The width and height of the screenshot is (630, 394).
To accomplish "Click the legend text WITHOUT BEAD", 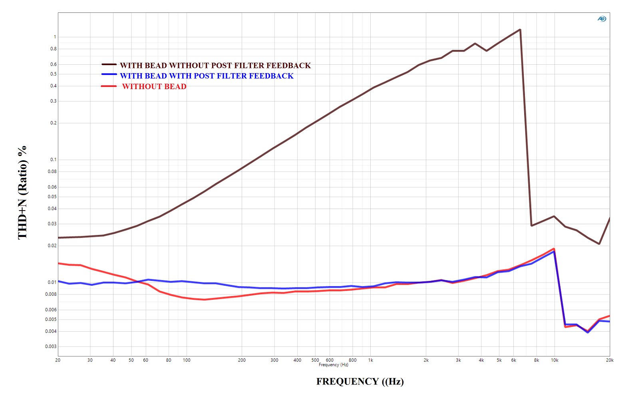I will [154, 86].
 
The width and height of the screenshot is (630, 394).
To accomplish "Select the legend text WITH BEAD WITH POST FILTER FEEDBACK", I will [207, 76].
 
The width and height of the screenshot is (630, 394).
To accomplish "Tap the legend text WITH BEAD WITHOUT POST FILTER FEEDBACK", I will [215, 66].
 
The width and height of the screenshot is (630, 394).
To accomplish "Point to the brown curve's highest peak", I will [520, 30].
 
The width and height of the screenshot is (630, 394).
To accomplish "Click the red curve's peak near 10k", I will [554, 249].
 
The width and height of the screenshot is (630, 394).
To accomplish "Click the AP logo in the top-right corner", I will [602, 19].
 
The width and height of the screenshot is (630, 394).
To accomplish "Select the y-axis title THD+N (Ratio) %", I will [22, 193].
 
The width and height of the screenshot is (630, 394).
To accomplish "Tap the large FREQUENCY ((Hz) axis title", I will [360, 382].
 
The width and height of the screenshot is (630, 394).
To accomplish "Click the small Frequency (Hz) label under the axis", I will [334, 365].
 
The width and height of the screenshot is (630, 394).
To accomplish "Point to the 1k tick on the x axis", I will [371, 360].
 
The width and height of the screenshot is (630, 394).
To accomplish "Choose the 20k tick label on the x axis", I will [610, 360].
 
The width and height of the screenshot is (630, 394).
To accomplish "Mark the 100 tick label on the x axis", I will [187, 360].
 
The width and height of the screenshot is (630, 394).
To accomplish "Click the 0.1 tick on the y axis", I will [53, 159].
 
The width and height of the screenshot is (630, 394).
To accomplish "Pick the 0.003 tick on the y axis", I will [51, 346].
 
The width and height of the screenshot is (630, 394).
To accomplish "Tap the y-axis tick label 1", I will [55, 37].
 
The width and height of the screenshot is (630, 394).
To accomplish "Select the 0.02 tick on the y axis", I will [52, 246].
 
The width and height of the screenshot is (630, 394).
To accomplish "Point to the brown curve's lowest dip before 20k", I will [599, 244].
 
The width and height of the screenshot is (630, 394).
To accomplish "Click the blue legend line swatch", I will [109, 74].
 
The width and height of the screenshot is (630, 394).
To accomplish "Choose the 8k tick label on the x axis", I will [537, 360].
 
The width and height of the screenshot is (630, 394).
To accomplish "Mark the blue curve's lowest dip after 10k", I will [588, 332].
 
